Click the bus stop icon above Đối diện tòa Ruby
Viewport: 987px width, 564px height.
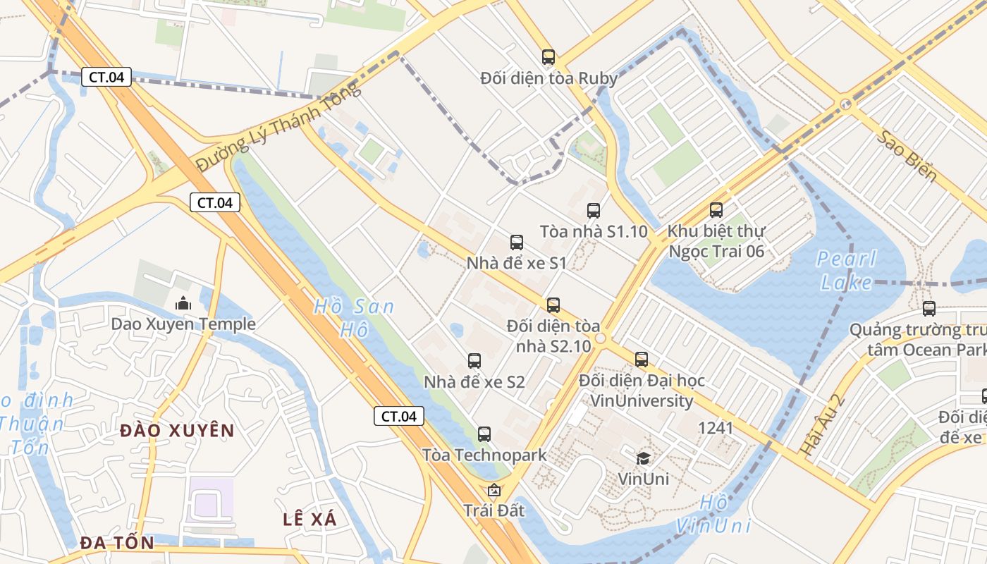(x=548, y=57)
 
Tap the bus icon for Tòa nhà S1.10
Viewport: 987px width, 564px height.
(x=594, y=210)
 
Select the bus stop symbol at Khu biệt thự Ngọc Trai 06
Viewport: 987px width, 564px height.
(x=716, y=210)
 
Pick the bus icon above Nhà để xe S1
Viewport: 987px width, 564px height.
(x=517, y=243)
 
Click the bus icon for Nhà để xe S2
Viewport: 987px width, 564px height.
(x=474, y=361)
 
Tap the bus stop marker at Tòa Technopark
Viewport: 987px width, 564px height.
(x=484, y=434)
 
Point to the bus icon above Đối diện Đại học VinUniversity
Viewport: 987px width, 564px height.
(x=642, y=360)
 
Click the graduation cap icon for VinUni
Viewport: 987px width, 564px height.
(x=643, y=458)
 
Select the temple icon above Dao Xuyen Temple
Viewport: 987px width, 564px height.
(x=183, y=304)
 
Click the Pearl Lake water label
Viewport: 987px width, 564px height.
(x=847, y=271)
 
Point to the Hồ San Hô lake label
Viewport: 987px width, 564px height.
(x=353, y=318)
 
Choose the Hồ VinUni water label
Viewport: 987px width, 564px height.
(x=713, y=515)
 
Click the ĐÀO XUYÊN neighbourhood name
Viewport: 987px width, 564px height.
(x=177, y=430)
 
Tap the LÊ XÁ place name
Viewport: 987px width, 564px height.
(x=310, y=520)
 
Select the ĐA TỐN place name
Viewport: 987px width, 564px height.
(x=116, y=543)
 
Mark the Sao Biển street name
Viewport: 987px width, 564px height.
(x=907, y=156)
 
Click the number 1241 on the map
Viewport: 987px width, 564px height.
(x=716, y=428)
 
